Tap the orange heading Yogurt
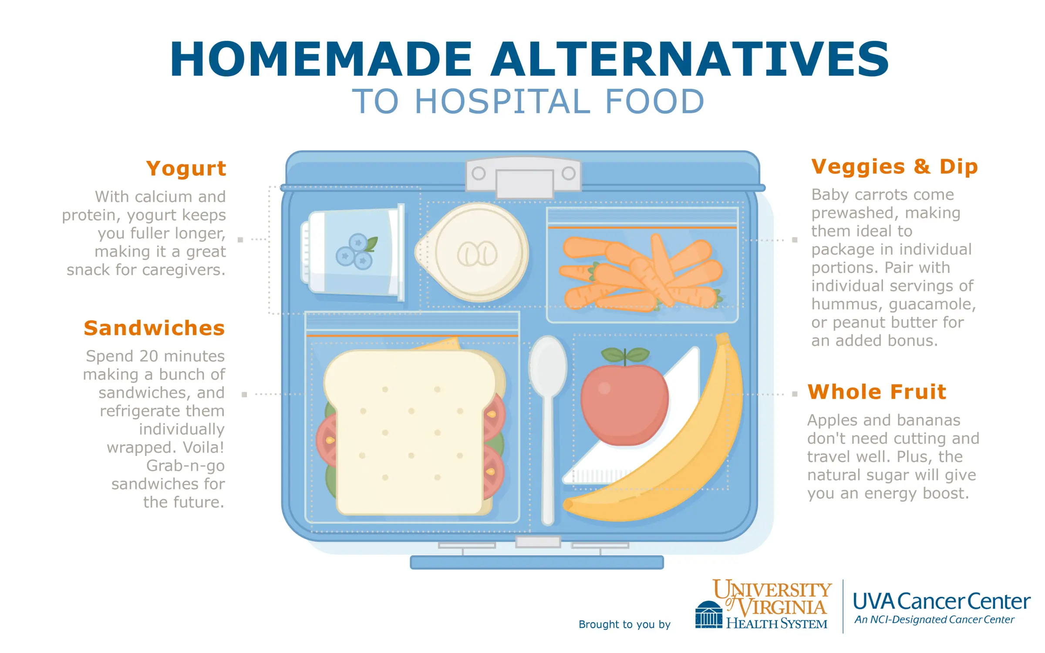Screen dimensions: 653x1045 pos(186,168)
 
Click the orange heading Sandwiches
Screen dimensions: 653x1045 pos(154,328)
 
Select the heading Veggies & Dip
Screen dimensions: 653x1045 pos(894,167)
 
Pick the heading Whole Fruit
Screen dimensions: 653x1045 pos(876,392)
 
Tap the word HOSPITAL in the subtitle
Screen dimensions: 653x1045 pos(502,102)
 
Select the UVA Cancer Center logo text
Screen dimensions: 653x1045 pos(940,602)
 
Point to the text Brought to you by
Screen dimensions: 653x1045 pos(624,624)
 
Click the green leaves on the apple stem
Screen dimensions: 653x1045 pos(625,355)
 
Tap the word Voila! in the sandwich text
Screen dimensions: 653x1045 pos(203,447)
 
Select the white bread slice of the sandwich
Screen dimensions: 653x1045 pos(409,431)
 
